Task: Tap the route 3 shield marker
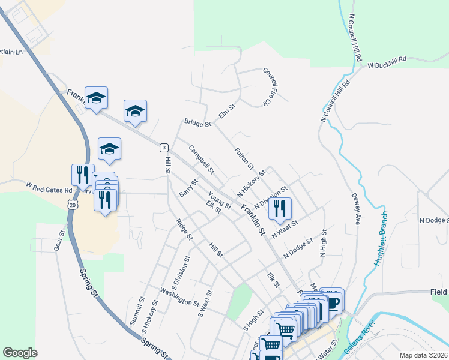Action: (x=163, y=148)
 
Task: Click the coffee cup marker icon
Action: (x=333, y=302)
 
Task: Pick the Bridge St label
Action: (x=199, y=124)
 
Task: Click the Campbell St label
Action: (x=201, y=157)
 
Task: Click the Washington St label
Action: (x=179, y=297)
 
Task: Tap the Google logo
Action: (x=20, y=353)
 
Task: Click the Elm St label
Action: (x=226, y=110)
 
